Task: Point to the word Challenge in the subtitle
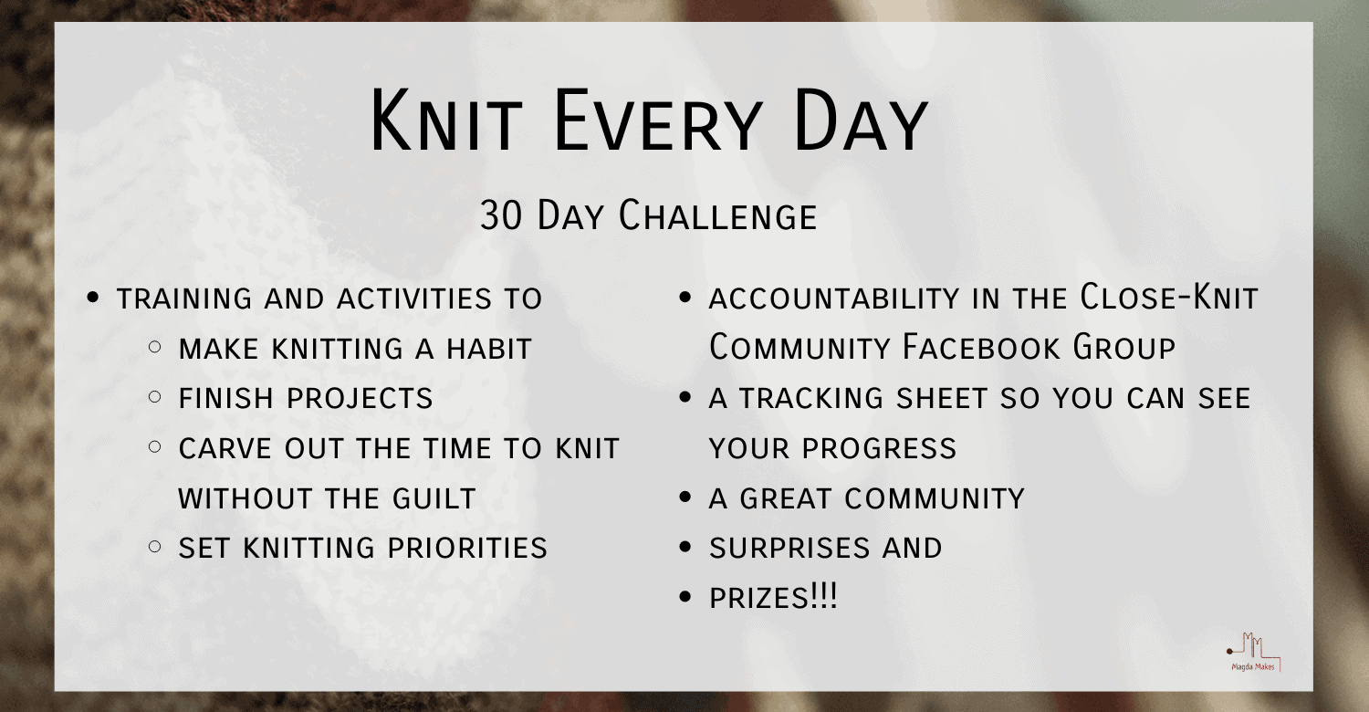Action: click(717, 216)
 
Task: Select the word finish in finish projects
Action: click(227, 399)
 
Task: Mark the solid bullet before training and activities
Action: click(92, 298)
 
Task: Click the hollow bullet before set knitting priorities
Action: click(155, 548)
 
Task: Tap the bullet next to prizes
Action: click(686, 598)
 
